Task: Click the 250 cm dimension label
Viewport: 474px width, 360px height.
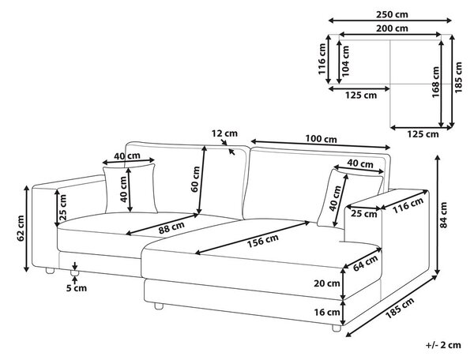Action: click(392, 14)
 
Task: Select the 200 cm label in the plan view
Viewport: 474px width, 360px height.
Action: click(392, 28)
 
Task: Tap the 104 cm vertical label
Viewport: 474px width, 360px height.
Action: click(345, 61)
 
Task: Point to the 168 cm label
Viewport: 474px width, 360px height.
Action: click(435, 82)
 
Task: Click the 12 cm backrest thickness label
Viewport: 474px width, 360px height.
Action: click(224, 133)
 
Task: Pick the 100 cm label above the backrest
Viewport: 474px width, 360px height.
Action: click(321, 139)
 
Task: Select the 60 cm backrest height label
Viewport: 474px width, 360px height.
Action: click(196, 178)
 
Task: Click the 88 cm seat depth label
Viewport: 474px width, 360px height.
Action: click(171, 227)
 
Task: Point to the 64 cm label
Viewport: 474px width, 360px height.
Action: click(366, 263)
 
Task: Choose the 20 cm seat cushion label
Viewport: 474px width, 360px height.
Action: click(327, 283)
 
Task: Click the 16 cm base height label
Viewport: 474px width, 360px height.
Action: click(327, 312)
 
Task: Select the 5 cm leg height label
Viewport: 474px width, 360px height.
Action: click(77, 288)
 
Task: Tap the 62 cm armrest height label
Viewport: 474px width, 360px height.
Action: click(21, 228)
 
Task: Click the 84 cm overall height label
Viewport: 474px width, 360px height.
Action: click(443, 215)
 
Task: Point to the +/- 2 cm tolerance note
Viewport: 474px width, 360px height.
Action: click(443, 345)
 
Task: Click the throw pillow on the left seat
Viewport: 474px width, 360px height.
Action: click(130, 189)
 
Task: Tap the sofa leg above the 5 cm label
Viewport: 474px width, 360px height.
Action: click(75, 273)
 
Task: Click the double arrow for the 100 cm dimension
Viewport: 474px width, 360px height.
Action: click(321, 144)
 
